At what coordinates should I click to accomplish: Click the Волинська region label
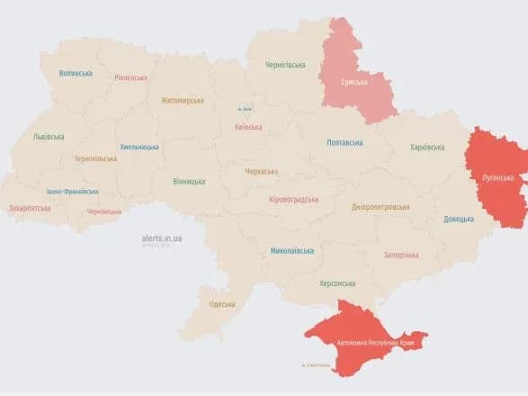76,73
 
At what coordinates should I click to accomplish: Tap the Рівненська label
130,77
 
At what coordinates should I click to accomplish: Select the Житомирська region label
183,101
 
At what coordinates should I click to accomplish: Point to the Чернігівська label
285,65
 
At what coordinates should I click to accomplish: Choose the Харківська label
426,147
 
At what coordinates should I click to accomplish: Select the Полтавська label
345,142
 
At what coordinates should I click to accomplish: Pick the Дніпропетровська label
380,207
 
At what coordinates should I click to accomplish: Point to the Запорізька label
400,255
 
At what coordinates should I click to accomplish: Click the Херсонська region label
337,283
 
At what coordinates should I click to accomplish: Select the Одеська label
222,304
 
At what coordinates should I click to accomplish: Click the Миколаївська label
291,250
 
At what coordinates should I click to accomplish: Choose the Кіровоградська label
294,199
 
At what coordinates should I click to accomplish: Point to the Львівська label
49,136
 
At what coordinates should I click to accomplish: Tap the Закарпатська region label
30,208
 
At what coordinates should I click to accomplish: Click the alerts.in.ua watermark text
162,238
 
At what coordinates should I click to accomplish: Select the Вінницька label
189,181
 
